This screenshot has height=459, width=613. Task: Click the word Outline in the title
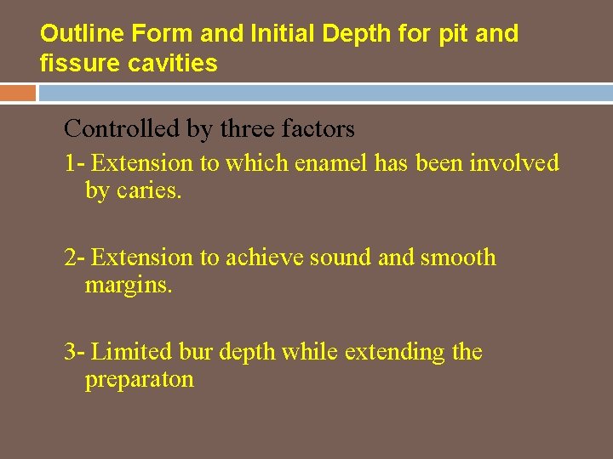tap(76, 34)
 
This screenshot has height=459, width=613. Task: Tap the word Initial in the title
tap(275, 34)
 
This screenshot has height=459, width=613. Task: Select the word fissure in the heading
tap(71, 63)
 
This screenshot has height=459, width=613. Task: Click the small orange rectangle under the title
tap(18, 93)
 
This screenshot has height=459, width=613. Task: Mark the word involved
tap(518, 162)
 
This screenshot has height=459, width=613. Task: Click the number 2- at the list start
tap(74, 258)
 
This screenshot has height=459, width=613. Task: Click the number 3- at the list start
tap(74, 352)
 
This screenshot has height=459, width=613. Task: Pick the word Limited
tap(132, 352)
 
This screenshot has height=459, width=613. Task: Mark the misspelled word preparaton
tap(139, 380)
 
